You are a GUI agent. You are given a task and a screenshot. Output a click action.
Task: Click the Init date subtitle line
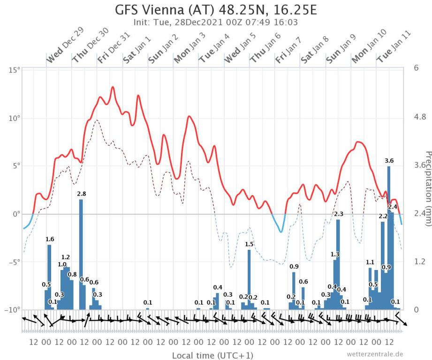[216, 22]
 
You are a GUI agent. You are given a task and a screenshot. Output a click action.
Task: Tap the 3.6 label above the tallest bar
[389, 161]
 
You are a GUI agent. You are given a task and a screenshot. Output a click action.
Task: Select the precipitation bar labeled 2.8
[81, 253]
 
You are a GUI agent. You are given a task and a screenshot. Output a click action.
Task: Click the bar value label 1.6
[50, 239]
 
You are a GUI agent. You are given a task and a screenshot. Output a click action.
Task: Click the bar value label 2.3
[338, 214]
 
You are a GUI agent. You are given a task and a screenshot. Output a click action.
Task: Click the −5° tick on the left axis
[14, 262]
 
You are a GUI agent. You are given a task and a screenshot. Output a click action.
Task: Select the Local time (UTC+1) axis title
[206, 355]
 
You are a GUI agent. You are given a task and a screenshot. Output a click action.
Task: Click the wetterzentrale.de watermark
[375, 354]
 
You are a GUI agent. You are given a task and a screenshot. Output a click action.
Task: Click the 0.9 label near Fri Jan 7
[294, 267]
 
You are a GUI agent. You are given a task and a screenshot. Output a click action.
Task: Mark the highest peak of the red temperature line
[113, 87]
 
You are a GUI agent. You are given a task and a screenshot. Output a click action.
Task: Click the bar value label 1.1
[370, 262]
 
